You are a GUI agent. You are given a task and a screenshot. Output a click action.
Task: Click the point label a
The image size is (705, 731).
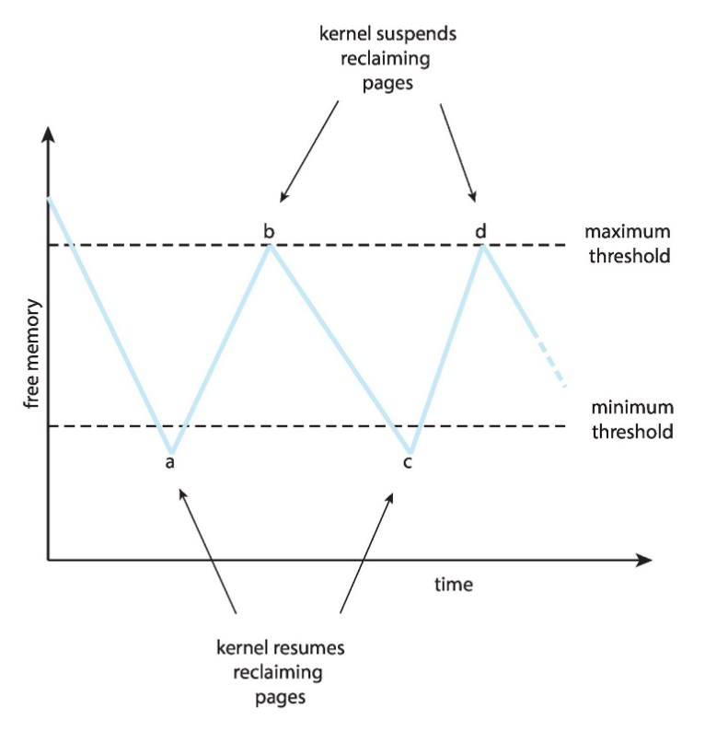point(169,461)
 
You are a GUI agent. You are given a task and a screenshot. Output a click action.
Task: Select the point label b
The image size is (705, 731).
point(269,230)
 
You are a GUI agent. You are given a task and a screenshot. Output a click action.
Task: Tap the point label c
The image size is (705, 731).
point(408,461)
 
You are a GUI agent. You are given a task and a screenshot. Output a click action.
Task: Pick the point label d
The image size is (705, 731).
point(480,230)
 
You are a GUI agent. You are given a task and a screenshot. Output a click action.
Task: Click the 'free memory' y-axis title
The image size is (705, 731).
point(32,354)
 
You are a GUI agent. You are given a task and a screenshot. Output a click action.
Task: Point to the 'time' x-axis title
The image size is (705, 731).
point(454,585)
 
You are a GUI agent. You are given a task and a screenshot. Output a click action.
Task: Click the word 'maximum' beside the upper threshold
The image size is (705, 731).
point(628,231)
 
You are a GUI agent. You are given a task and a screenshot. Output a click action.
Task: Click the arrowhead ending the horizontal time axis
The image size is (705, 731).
point(643,559)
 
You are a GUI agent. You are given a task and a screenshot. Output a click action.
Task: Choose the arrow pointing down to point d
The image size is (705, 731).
point(457,152)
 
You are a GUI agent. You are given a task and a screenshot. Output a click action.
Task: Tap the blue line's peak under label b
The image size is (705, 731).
point(269,248)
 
